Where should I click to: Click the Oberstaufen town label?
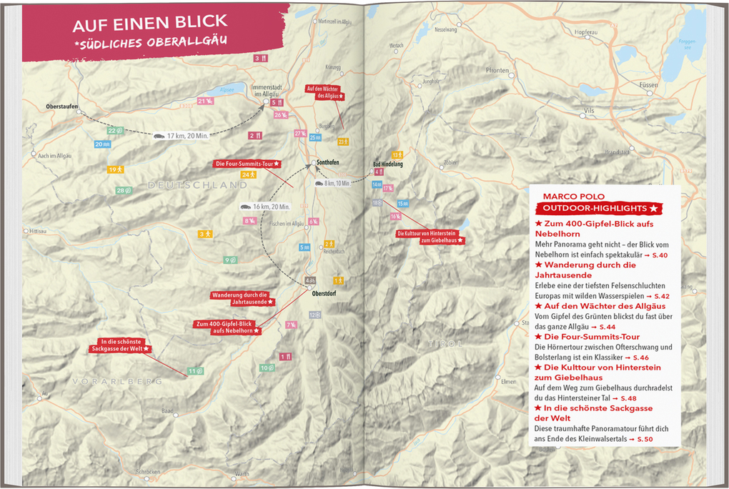[61, 106]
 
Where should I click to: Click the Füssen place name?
[648, 85]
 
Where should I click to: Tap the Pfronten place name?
[497, 71]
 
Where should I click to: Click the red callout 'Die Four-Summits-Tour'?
[247, 164]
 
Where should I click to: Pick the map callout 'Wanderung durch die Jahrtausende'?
[239, 298]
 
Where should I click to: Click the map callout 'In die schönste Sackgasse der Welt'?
[121, 345]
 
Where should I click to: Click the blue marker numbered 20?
[102, 144]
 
